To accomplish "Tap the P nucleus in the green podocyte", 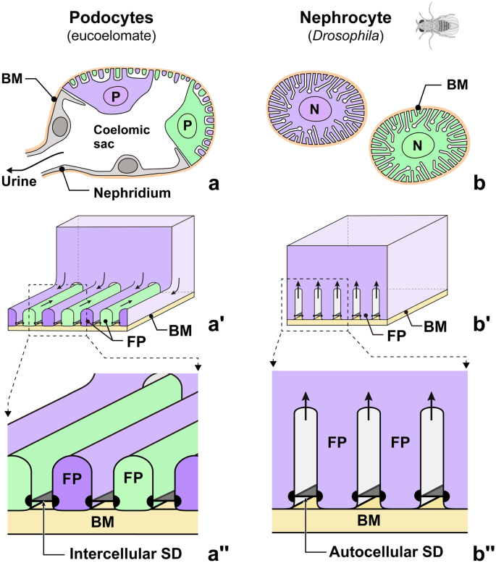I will click(x=188, y=126).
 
